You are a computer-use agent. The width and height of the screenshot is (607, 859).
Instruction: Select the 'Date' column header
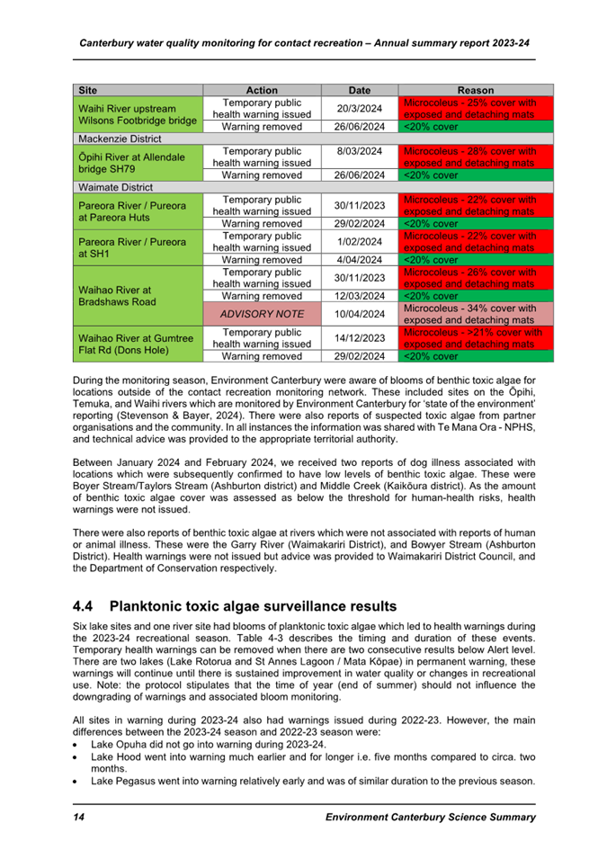(359, 90)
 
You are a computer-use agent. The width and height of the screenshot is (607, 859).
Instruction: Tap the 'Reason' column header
(475, 90)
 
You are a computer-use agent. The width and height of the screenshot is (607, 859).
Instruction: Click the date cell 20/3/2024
(359, 109)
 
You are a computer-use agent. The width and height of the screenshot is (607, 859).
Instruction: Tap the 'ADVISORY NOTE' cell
(262, 314)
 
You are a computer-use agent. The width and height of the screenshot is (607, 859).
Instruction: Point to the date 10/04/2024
(359, 314)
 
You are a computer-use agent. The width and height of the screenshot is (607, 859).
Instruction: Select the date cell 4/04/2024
(359, 260)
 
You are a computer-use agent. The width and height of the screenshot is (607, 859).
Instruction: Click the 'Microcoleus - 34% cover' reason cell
(475, 314)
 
